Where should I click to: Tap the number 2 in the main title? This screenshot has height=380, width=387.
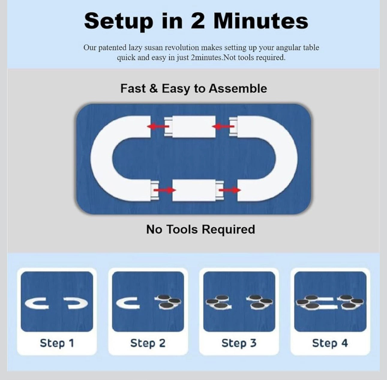click(x=198, y=21)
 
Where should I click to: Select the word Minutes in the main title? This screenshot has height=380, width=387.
click(x=260, y=21)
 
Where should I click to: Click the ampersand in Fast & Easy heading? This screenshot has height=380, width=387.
click(x=153, y=88)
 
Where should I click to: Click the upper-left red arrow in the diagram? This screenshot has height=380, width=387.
click(x=158, y=126)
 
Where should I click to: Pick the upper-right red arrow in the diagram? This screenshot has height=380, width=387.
click(x=223, y=126)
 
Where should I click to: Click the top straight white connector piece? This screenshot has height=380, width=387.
click(x=194, y=127)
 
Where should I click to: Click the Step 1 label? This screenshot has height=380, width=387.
click(x=57, y=343)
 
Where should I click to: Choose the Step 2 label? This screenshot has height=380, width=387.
click(x=148, y=343)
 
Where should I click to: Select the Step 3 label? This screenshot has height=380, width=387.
click(x=239, y=343)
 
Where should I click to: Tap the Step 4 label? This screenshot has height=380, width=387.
click(x=330, y=343)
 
